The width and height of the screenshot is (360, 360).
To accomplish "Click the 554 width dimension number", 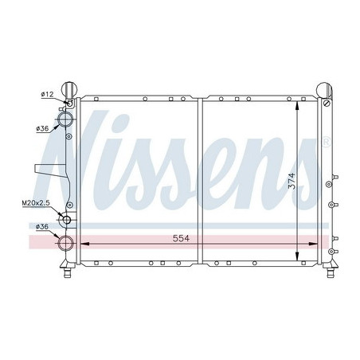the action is click(181, 238).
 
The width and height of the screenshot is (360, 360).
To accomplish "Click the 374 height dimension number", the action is click(292, 181).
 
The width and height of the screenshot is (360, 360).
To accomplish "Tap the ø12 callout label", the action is click(47, 94).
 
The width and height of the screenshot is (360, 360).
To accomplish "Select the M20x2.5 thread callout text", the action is click(36, 203).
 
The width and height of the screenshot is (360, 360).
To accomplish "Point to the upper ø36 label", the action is click(42, 129).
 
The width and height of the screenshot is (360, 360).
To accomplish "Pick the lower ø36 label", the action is click(42, 227).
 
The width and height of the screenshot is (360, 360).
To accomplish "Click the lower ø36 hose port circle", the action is click(65, 243).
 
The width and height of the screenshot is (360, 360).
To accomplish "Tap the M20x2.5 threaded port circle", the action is click(66, 220).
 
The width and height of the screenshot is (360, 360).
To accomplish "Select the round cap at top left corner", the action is click(69, 89).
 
